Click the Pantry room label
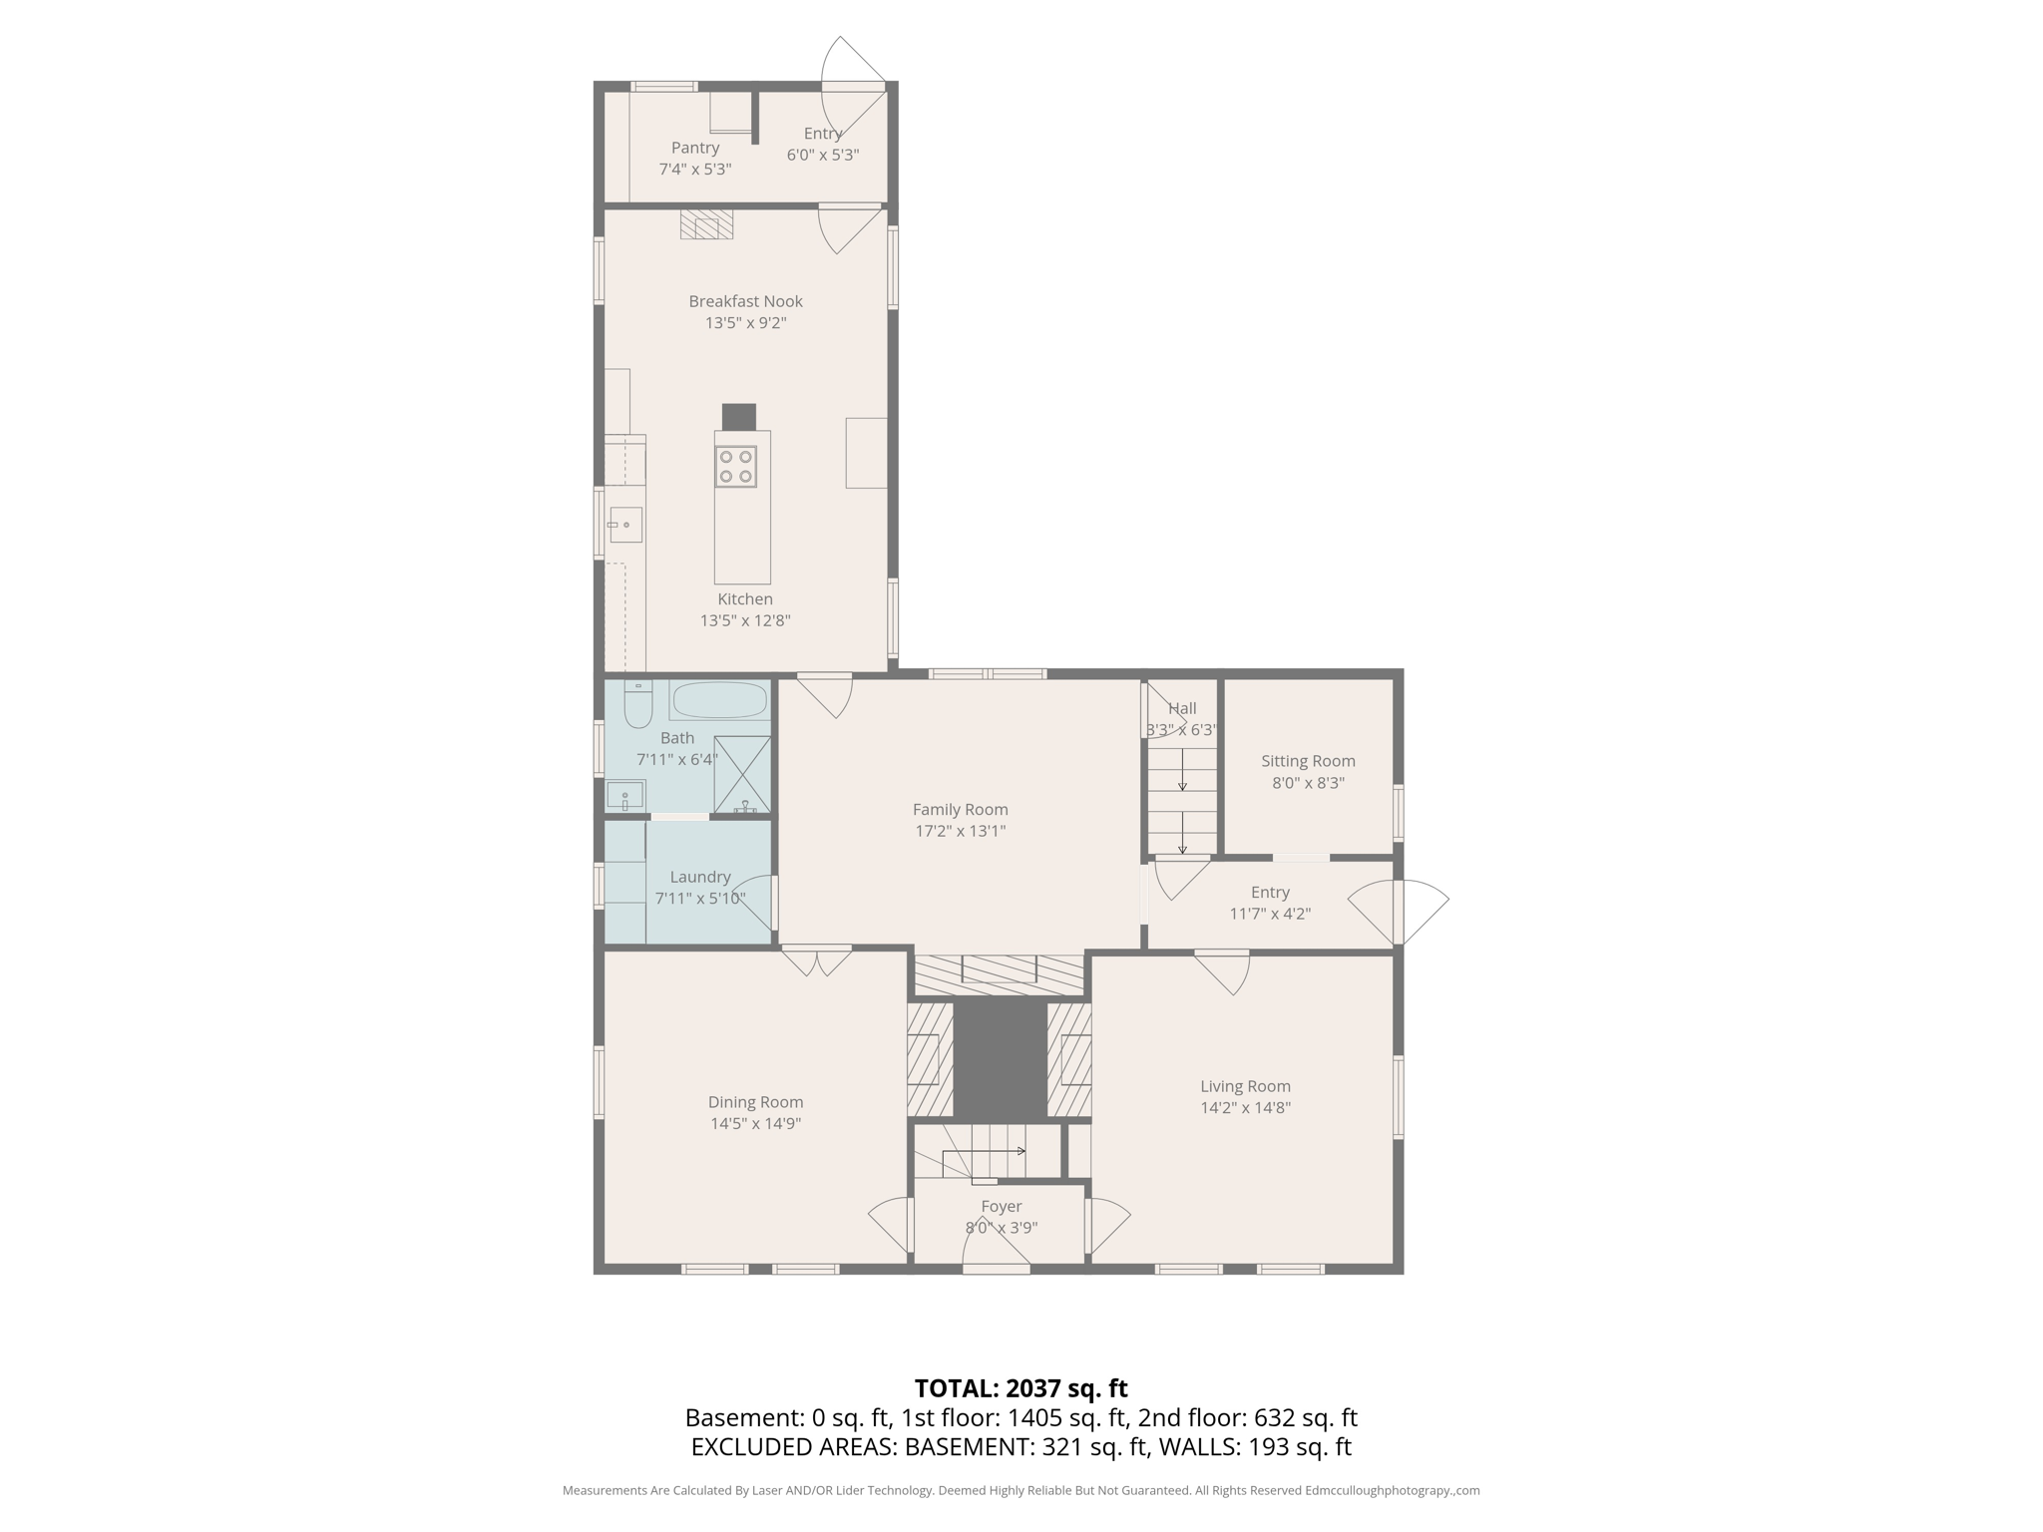coord(694,148)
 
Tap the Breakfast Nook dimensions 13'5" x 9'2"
coord(745,323)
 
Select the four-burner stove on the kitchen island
coord(736,466)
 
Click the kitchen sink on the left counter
coord(625,525)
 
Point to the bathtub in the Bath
coord(718,699)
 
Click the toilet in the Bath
coord(637,705)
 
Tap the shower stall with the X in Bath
coord(742,774)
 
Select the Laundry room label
coord(699,877)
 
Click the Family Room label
coord(960,810)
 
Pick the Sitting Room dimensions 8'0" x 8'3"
coord(1307,783)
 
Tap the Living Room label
coord(1244,1086)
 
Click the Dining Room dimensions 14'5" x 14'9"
coord(755,1123)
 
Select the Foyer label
coord(1001,1206)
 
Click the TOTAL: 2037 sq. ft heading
coord(1021,1388)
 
